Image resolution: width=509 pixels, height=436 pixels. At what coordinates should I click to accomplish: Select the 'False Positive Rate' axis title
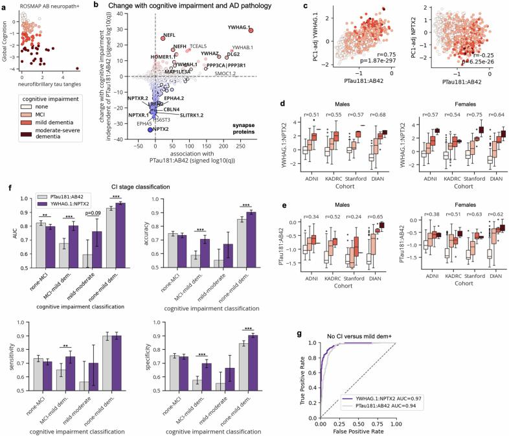point(357,430)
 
